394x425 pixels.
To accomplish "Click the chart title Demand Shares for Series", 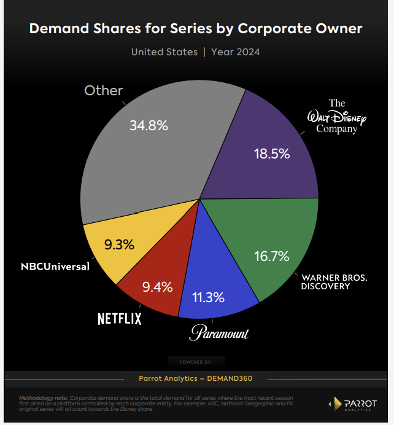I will coord(196,29).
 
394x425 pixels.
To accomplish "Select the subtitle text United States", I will coord(164,52).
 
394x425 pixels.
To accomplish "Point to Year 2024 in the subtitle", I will coord(235,52).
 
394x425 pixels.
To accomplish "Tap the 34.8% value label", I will coord(149,126).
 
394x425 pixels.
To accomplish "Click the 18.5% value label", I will coord(272,154).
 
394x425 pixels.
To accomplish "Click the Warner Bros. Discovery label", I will coord(334,282).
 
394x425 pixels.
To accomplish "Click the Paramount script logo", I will coord(218,333).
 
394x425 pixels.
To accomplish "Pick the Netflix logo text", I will coord(120,318).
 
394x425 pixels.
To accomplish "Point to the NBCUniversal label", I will coord(55,267).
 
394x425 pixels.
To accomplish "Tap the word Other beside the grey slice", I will coord(103,90).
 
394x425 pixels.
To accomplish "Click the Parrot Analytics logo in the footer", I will coord(357,404).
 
